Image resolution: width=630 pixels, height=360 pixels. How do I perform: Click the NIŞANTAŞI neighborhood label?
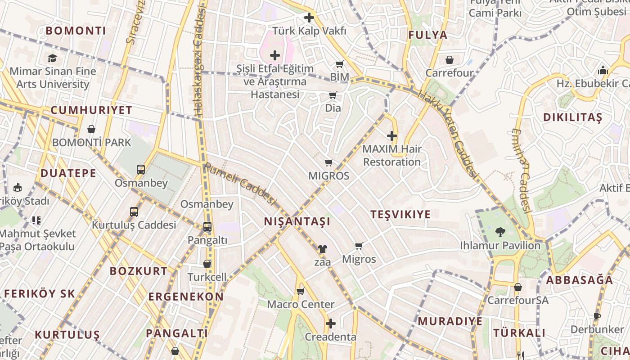coord(297,221)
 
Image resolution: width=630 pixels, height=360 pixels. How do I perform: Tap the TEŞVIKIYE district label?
coord(400,214)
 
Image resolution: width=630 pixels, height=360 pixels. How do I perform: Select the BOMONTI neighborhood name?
coord(76,31)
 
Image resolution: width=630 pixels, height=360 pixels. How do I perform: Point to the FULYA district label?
coord(428,35)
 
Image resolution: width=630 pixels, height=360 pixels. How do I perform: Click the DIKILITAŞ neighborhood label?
coord(572,118)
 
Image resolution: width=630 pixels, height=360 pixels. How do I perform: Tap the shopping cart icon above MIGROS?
coord(329,162)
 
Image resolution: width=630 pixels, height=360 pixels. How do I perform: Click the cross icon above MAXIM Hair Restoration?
coord(392,135)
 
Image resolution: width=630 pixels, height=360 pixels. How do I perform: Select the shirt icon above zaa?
coord(322,248)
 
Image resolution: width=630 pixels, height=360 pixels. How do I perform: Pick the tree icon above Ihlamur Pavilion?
coord(500,232)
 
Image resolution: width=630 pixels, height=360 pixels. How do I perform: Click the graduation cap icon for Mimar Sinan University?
coord(53,58)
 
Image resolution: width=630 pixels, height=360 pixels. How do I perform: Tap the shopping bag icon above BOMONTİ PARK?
coord(91,130)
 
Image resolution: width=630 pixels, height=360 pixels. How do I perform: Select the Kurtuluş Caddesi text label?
coord(134,225)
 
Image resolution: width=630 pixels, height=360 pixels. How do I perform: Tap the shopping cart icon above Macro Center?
coord(301,291)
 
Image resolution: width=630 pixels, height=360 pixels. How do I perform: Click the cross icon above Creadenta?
coord(331,324)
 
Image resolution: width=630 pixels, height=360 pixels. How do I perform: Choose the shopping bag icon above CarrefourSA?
coord(518,287)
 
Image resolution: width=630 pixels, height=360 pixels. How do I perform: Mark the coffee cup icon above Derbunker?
coord(597,316)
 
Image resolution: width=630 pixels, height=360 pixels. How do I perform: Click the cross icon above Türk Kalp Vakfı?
coord(309,18)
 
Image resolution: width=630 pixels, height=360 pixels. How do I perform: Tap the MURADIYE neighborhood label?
coord(450,321)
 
